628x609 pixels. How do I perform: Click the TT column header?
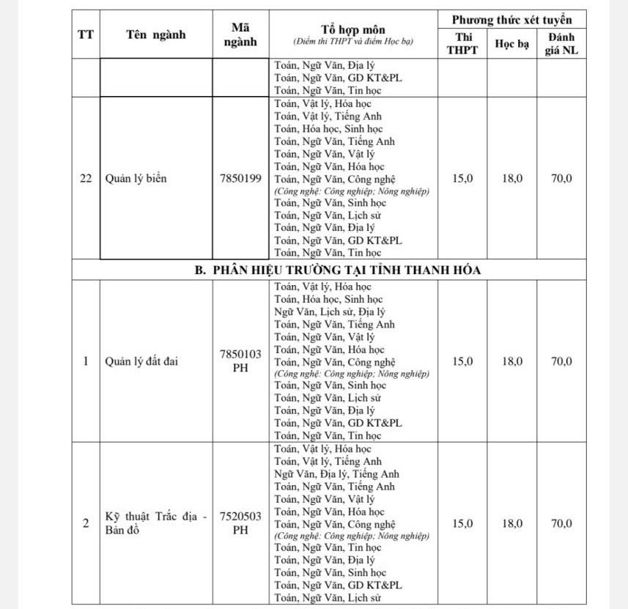click(x=86, y=34)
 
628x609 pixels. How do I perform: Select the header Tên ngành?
click(x=155, y=34)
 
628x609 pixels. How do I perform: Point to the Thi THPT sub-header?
click(x=462, y=43)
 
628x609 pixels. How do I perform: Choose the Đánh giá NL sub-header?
click(x=561, y=43)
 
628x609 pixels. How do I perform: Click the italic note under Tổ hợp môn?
click(x=353, y=42)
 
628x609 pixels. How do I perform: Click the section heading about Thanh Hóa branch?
click(x=338, y=270)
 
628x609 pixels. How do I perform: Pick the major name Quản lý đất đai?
click(x=142, y=361)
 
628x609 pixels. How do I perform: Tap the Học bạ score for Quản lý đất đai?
click(x=511, y=361)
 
